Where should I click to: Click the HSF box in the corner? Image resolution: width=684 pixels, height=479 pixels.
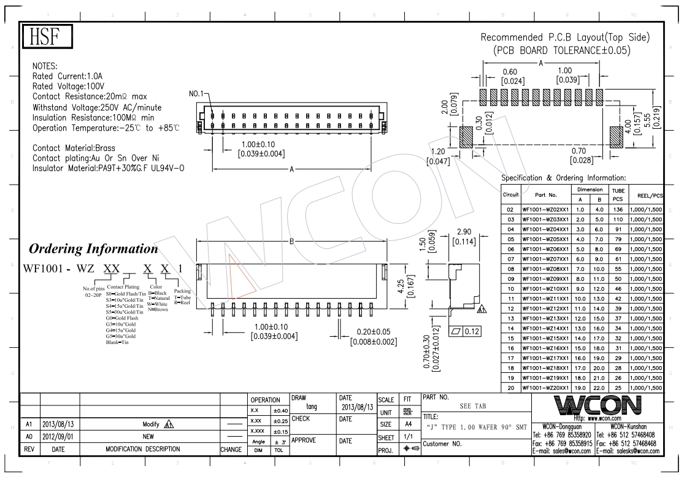(47, 36)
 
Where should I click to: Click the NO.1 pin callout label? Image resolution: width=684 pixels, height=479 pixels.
(196, 94)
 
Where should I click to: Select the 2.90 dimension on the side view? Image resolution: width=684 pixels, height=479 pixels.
(464, 232)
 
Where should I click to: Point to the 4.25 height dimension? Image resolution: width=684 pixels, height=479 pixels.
(401, 286)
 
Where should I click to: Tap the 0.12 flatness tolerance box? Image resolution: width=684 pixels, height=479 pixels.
(466, 331)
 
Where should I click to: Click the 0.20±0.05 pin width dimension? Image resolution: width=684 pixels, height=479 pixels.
(374, 332)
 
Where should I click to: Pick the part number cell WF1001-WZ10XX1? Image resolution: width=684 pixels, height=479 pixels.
(545, 289)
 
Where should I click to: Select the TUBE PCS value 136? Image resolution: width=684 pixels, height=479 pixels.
(618, 209)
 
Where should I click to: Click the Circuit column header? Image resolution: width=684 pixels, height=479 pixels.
(510, 194)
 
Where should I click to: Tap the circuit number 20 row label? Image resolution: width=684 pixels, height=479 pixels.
(510, 388)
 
